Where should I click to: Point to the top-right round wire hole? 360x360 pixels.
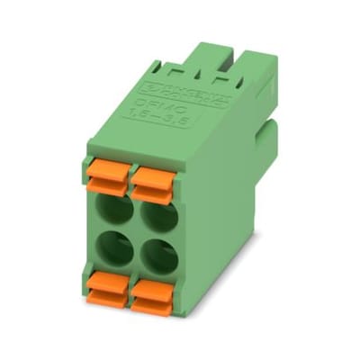tap(156, 220)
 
